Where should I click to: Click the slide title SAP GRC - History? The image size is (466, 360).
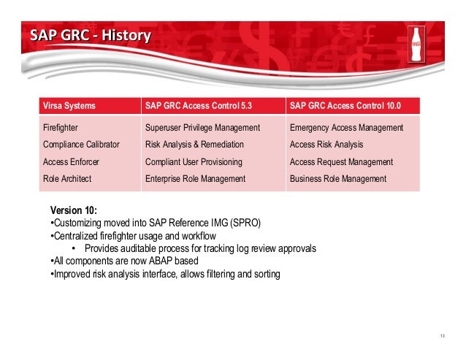point(91,35)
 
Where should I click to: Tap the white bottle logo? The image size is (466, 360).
point(416,45)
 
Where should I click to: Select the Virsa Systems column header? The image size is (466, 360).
point(69,106)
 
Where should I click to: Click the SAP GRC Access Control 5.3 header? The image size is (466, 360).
point(199,106)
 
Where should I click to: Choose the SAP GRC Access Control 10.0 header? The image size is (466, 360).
point(345,106)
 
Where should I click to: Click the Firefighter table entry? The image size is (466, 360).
point(61,128)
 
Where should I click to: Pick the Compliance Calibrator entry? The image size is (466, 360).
point(81,145)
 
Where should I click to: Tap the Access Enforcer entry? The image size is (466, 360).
point(71,162)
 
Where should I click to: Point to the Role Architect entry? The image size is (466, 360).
point(67,179)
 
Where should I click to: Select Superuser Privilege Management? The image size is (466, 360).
point(202,128)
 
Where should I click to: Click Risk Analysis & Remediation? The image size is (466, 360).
point(194,145)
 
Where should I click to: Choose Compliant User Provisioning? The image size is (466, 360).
point(194,162)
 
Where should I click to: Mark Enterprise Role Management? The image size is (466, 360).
point(195,179)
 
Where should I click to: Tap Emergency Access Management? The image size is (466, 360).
point(346,128)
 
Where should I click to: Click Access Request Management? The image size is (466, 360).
point(342,162)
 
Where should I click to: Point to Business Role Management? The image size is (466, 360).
point(338,179)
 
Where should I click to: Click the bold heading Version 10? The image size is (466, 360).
point(74,210)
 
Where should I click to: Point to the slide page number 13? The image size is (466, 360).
point(443,336)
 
